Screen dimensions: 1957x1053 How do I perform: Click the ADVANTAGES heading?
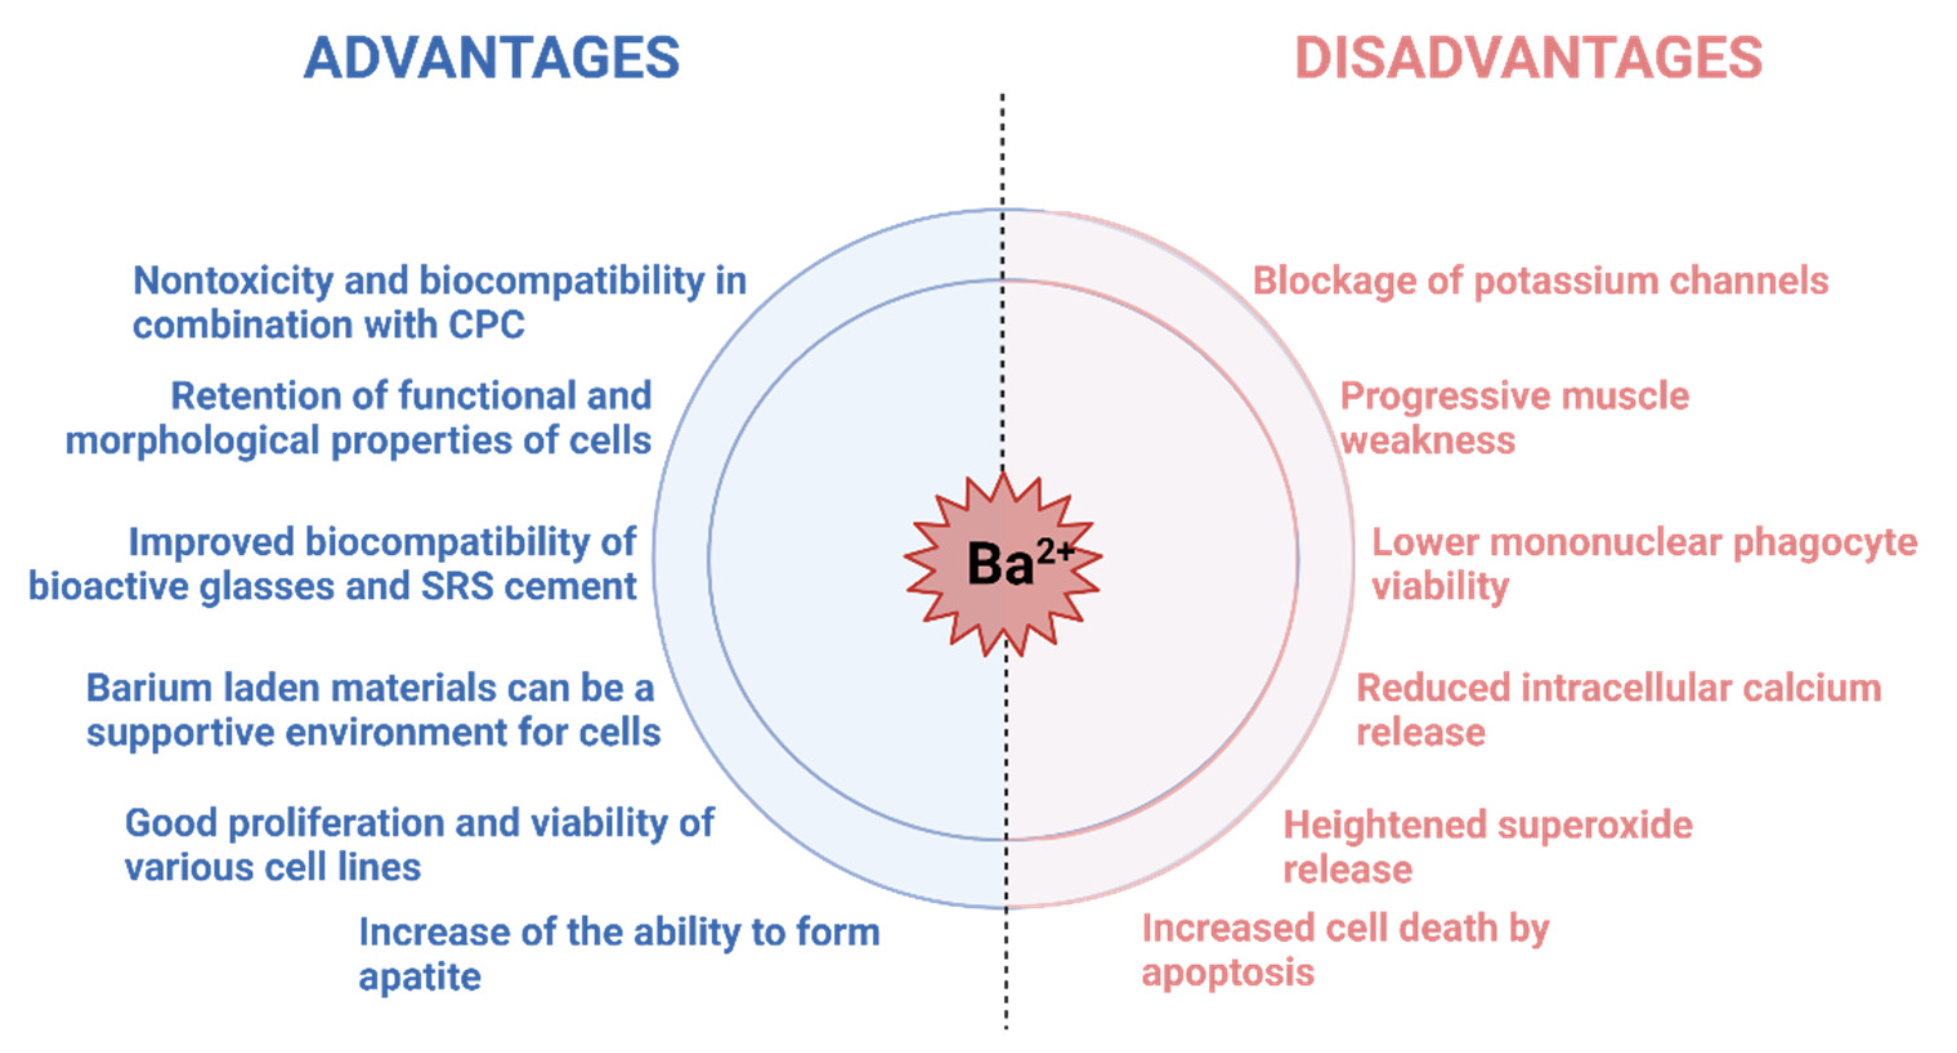492,59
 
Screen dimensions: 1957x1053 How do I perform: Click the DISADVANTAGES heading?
1528,59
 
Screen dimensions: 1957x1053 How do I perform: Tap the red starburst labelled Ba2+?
1003,564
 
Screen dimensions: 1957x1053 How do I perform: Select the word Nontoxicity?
233,282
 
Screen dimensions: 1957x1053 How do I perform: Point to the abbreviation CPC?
486,325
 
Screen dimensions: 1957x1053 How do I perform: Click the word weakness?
1427,441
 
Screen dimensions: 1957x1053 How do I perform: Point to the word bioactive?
109,586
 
